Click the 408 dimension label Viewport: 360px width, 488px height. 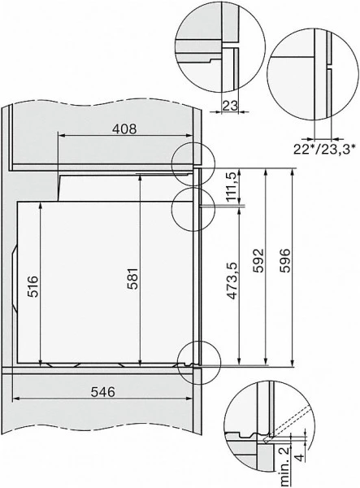124,128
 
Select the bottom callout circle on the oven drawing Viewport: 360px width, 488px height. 199,359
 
